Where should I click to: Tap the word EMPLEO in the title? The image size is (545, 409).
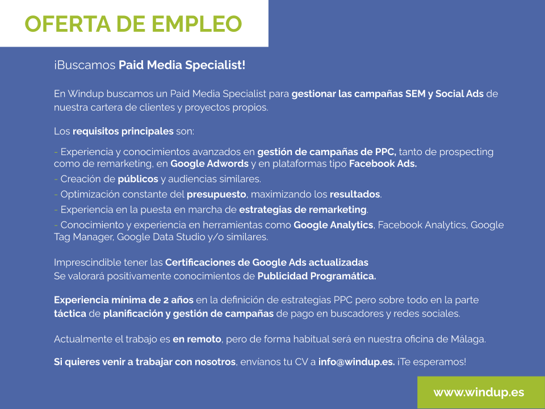(198, 24)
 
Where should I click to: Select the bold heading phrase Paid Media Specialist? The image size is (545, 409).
(182, 65)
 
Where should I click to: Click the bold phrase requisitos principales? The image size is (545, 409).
(123, 131)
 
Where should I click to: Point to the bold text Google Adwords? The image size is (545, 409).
(209, 164)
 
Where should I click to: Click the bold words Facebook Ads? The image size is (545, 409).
(383, 164)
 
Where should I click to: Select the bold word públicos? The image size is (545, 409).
(138, 179)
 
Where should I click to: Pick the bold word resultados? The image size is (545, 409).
(355, 194)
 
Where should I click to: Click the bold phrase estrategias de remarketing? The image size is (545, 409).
(303, 210)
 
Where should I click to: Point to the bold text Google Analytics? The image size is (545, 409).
(333, 225)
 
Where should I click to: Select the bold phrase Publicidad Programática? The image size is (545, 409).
(316, 277)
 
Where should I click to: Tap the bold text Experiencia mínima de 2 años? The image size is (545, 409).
(123, 300)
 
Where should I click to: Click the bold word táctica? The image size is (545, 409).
(70, 314)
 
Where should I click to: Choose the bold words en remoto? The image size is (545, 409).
(196, 339)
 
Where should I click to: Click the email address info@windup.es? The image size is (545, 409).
(357, 361)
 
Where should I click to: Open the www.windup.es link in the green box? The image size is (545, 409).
(479, 393)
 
